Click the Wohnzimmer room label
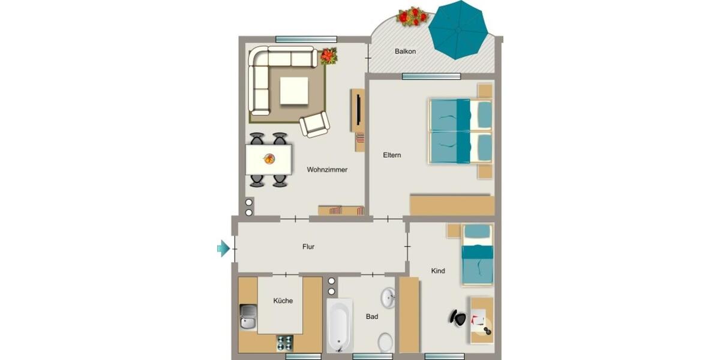(x=327, y=170)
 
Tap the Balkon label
(x=405, y=52)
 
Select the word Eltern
(x=392, y=155)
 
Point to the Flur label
(x=308, y=247)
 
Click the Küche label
(x=283, y=301)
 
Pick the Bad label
(x=372, y=316)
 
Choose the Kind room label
(x=438, y=271)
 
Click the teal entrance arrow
(x=223, y=248)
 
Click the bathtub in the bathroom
(x=339, y=325)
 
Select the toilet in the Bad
(x=385, y=343)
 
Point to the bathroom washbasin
(x=388, y=296)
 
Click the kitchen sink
(x=248, y=317)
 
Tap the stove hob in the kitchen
(x=284, y=343)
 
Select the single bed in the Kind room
(x=477, y=254)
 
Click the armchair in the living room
(x=314, y=124)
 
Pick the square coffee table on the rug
(x=295, y=91)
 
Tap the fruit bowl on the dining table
(x=269, y=159)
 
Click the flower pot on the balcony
(x=412, y=16)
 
